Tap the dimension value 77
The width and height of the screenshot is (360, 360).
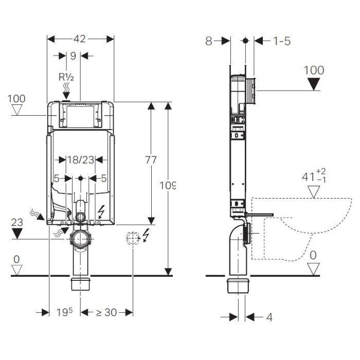[151, 160]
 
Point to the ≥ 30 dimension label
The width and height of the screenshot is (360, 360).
[106, 312]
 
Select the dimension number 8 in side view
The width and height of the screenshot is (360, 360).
[209, 41]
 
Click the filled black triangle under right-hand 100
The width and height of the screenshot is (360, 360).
[314, 85]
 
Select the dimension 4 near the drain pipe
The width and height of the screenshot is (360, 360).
[269, 317]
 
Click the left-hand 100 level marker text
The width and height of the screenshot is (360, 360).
[17, 98]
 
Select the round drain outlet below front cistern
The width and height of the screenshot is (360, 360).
[81, 240]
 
